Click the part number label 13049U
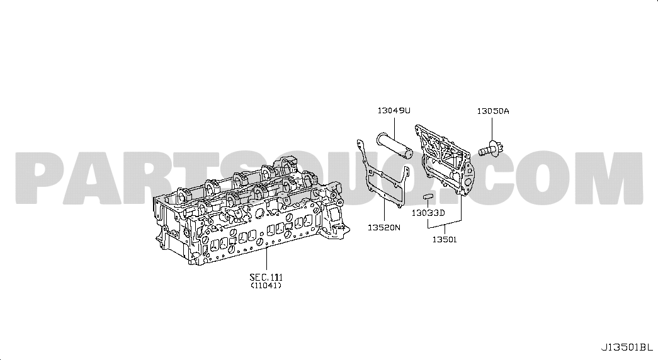pyautogui.click(x=394, y=111)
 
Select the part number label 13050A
pyautogui.click(x=492, y=111)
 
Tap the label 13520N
pyautogui.click(x=384, y=227)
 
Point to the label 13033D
pyautogui.click(x=428, y=213)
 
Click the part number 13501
pyautogui.click(x=445, y=240)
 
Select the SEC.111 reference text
pyautogui.click(x=266, y=278)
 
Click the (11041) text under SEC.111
pyautogui.click(x=266, y=286)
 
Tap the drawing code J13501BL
pyautogui.click(x=627, y=347)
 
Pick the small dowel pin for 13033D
pyautogui.click(x=427, y=196)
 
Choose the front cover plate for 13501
pyautogui.click(x=445, y=159)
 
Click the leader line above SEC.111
pyautogui.click(x=266, y=259)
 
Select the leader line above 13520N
pyautogui.click(x=383, y=210)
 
